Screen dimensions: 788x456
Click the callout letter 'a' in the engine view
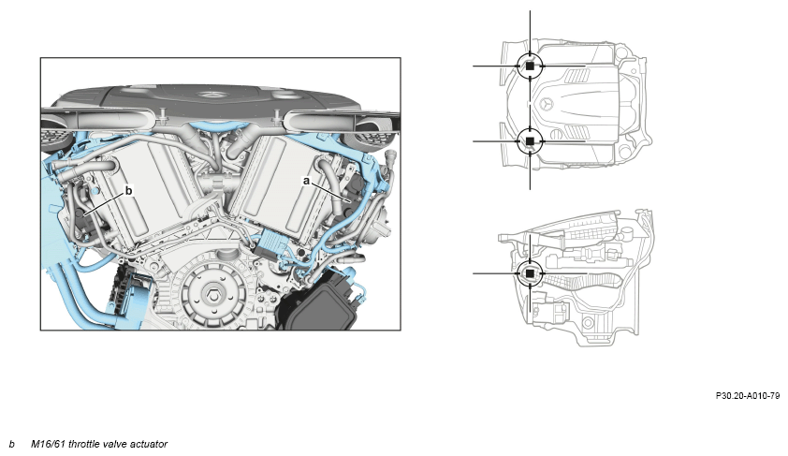pyautogui.click(x=306, y=181)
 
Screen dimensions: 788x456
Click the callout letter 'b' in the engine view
pyautogui.click(x=128, y=190)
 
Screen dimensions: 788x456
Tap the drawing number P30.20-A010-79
pyautogui.click(x=748, y=396)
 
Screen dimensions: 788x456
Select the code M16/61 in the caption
pyautogui.click(x=48, y=444)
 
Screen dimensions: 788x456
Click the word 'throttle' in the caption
pyautogui.click(x=83, y=444)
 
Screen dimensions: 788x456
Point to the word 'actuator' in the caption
pyautogui.click(x=149, y=444)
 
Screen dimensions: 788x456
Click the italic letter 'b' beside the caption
pyautogui.click(x=11, y=444)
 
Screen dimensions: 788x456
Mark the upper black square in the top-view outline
pyautogui.click(x=530, y=66)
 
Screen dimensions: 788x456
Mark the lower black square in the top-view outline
pyautogui.click(x=530, y=141)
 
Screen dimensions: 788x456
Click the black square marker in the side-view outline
pyautogui.click(x=530, y=273)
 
